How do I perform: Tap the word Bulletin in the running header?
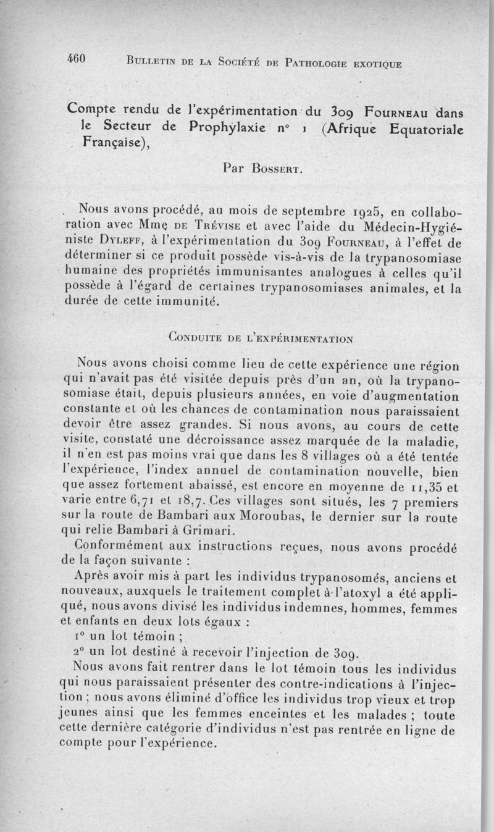(x=150, y=62)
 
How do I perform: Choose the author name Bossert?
(x=267, y=167)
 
